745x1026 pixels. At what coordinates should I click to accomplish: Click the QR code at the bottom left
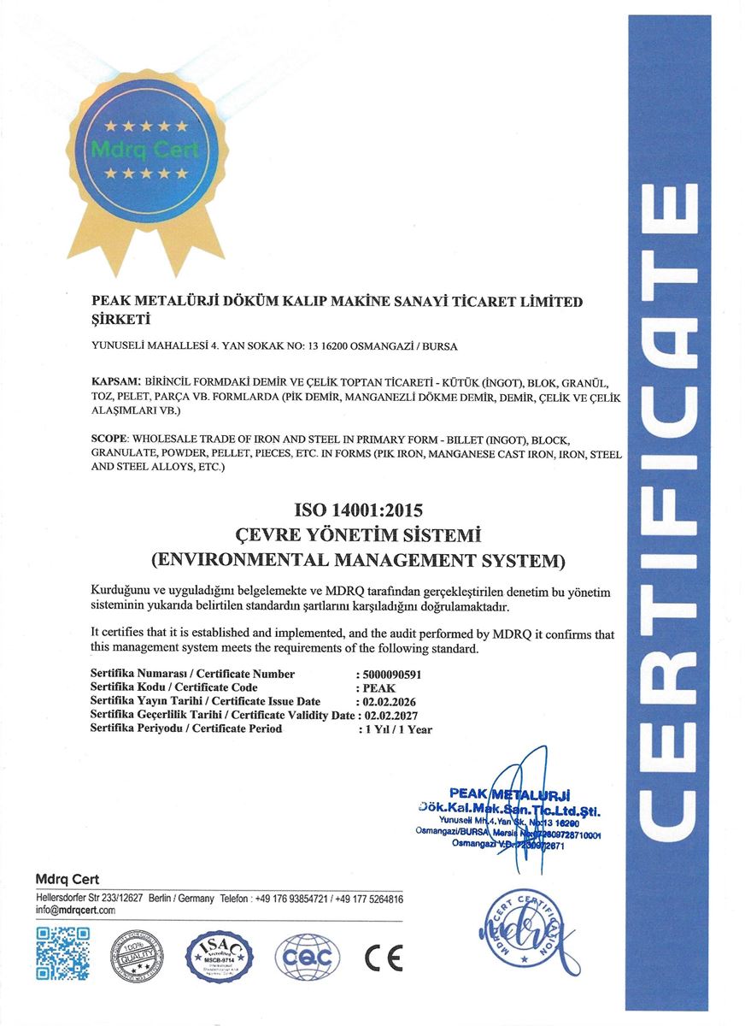click(x=62, y=953)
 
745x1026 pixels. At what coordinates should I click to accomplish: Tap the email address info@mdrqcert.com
click(x=75, y=911)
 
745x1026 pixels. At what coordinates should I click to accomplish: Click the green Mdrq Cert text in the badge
click(x=144, y=151)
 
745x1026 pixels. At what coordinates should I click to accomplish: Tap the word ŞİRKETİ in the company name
click(x=120, y=320)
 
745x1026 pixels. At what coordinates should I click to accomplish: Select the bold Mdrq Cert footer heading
click(x=67, y=879)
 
